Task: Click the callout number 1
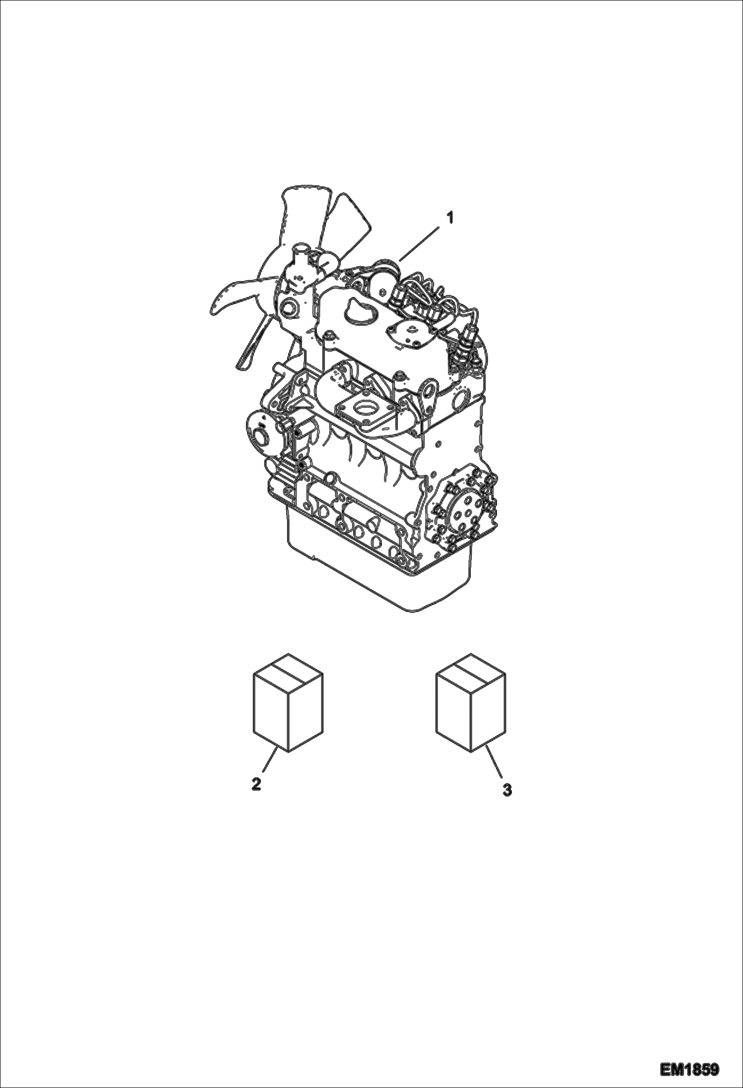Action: pyautogui.click(x=450, y=217)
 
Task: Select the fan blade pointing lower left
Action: pyautogui.click(x=233, y=298)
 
